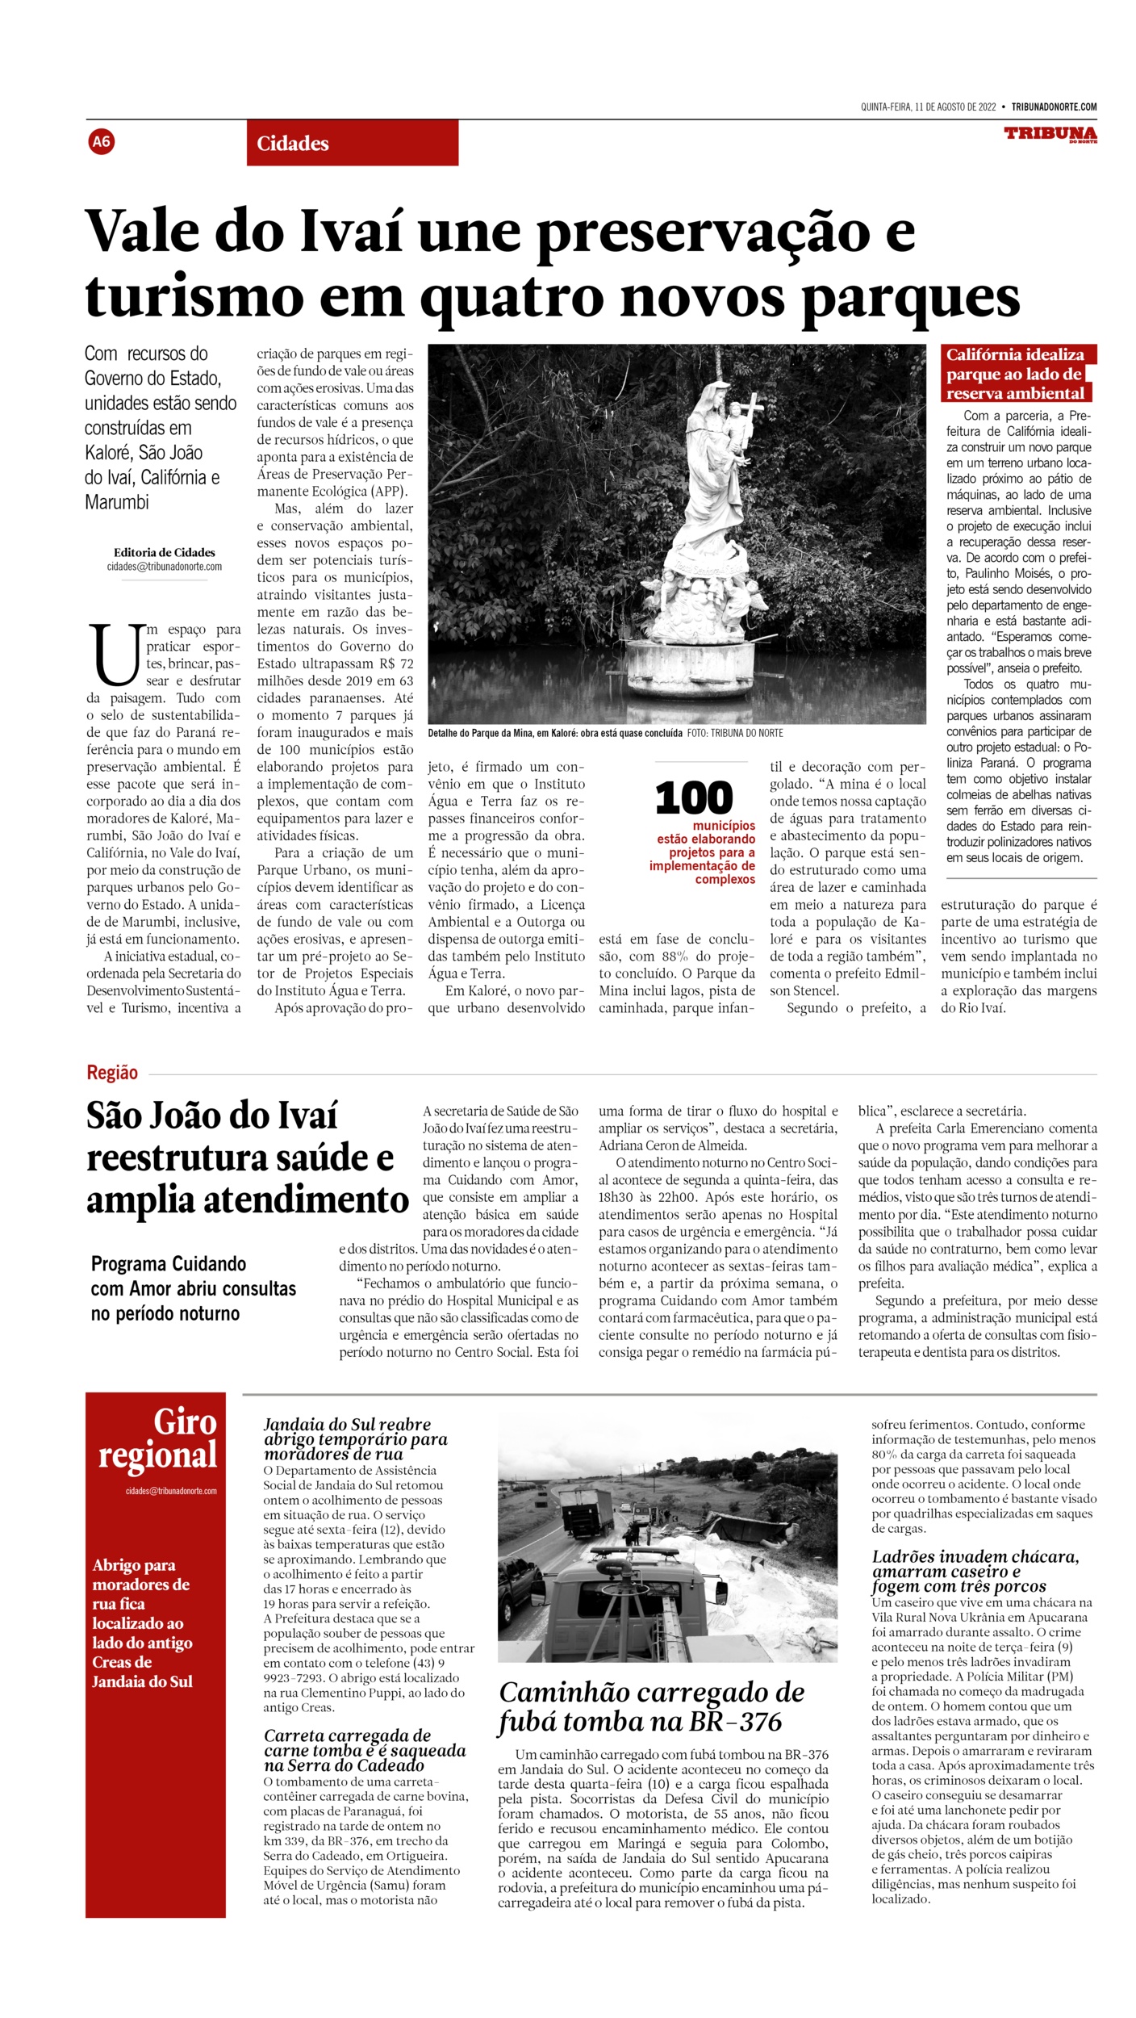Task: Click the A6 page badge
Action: coord(102,142)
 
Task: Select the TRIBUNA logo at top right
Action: coord(1050,134)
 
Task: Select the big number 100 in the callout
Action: coord(693,798)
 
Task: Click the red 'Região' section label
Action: coord(112,1073)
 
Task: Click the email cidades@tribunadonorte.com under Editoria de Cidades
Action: coord(165,567)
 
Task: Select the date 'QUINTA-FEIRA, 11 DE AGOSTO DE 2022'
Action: coord(928,107)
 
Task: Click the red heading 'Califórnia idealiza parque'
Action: coord(1015,374)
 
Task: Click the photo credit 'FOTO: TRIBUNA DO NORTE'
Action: coord(735,733)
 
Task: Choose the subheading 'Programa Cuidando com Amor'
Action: coord(194,1288)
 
